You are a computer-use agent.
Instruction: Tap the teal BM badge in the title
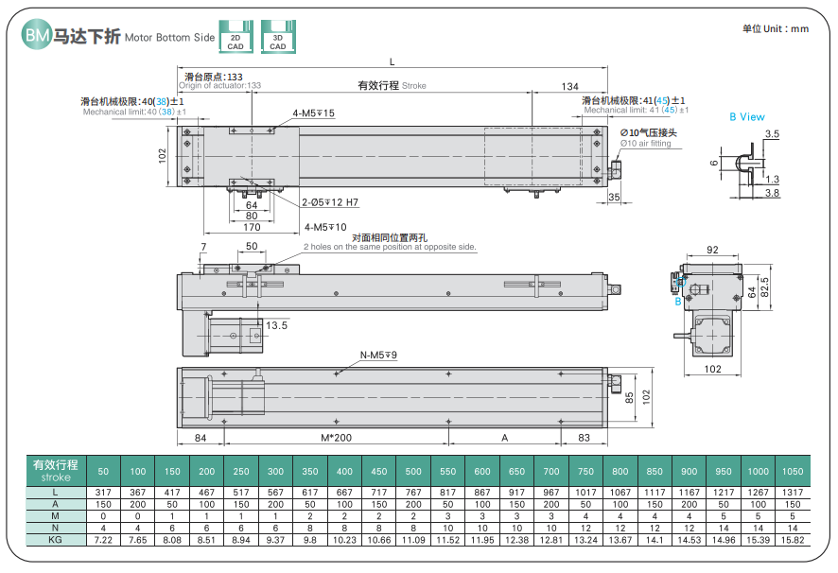pos(37,36)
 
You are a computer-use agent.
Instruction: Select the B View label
pos(746,117)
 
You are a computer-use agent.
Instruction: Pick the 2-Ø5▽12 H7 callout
pos(330,202)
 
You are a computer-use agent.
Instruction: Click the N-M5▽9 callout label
pos(378,356)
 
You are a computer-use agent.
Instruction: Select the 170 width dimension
pos(252,228)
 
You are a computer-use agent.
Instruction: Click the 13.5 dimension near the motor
pos(277,325)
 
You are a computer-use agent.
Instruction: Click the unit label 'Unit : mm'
pos(775,28)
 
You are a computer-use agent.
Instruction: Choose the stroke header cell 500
pos(413,471)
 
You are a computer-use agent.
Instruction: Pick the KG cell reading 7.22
pos(103,539)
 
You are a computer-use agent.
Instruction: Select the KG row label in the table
pos(56,539)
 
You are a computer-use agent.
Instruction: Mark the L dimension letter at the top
pos(392,62)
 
